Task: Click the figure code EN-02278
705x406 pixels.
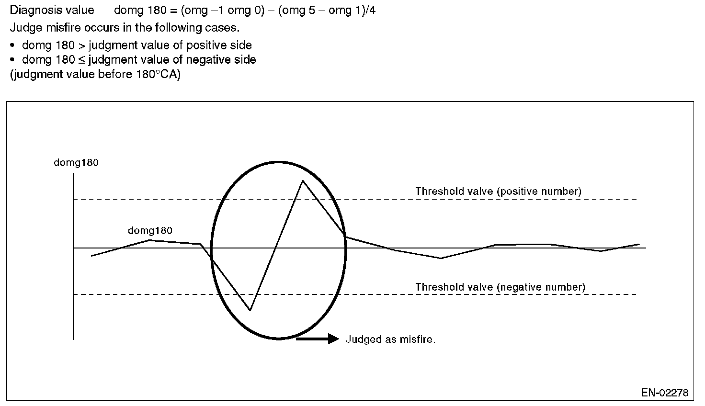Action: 665,393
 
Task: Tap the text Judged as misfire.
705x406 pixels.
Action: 390,339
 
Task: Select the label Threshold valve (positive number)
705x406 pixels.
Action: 498,192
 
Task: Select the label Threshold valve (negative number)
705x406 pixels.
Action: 500,287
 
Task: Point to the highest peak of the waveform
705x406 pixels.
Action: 302,180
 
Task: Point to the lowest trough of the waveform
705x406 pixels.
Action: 250,310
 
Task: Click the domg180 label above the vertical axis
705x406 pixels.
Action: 76,163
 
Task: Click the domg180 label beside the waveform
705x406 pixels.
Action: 150,231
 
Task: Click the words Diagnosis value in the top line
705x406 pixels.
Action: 52,10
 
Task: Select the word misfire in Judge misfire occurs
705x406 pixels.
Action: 63,28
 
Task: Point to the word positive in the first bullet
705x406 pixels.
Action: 202,45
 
